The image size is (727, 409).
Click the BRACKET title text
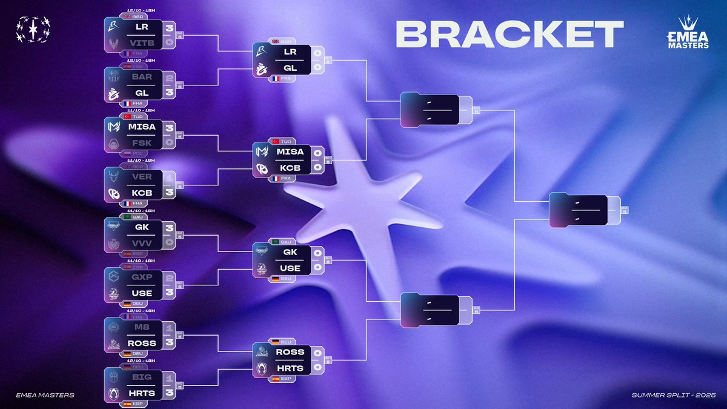point(509,35)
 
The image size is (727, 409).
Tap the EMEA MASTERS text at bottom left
point(46,395)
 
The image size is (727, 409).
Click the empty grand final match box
point(578,211)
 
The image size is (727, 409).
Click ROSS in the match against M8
point(141,343)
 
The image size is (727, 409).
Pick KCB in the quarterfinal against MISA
point(290,167)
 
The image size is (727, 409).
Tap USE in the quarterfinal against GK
point(290,267)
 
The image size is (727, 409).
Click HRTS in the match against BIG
point(141,393)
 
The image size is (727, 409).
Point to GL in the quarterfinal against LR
point(290,68)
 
